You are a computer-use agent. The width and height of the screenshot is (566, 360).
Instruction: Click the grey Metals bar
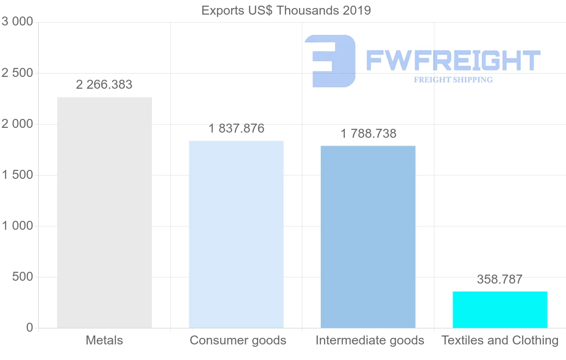pos(104,212)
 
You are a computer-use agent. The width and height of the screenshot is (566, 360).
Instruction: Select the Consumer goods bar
pos(236,234)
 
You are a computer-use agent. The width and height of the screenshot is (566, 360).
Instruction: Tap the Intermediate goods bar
pos(368,236)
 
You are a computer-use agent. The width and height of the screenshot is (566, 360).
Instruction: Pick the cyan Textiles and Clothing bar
pos(500,310)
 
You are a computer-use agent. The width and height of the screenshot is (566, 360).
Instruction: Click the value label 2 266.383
pos(104,85)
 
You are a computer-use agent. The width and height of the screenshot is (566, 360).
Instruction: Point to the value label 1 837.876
pos(236,128)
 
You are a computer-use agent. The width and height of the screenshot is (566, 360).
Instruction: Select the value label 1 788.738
pos(368,134)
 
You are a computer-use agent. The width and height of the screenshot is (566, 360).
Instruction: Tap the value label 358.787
pos(500,279)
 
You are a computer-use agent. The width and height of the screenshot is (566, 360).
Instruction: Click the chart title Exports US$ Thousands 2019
pos(286,10)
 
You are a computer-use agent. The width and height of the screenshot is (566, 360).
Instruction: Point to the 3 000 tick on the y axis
pos(18,22)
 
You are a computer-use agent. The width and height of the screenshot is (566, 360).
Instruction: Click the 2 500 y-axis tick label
pos(18,73)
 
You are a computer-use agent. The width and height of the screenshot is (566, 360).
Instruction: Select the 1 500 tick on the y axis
pos(18,175)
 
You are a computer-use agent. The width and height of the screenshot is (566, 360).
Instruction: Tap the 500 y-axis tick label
pos(22,277)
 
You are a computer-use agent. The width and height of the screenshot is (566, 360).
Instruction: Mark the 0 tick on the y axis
pos(29,328)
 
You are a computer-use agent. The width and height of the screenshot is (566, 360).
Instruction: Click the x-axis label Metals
pos(104,340)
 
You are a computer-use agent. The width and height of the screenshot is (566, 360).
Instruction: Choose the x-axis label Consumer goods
pos(238,340)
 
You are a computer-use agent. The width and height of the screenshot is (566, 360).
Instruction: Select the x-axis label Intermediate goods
pos(370,340)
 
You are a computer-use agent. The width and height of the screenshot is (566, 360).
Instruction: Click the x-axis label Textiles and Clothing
pos(500,340)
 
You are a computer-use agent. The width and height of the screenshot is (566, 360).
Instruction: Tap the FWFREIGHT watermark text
pos(453,60)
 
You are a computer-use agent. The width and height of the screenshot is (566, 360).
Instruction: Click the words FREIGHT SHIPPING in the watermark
pos(453,80)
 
